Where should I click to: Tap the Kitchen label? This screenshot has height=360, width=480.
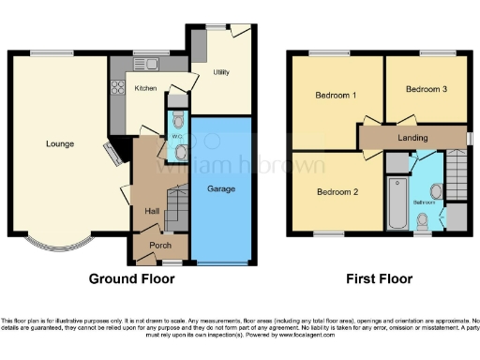click(145, 88)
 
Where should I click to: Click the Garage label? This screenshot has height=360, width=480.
click(221, 188)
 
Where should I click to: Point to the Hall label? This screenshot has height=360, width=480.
click(151, 211)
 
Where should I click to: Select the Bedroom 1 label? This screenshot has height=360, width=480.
click(335, 95)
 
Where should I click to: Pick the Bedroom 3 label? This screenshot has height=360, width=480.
click(426, 88)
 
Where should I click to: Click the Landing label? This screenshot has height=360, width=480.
click(412, 137)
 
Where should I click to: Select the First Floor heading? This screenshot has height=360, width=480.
click(379, 278)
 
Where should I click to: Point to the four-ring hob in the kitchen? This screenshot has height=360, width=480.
click(119, 89)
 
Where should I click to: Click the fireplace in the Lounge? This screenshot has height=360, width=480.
click(112, 154)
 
